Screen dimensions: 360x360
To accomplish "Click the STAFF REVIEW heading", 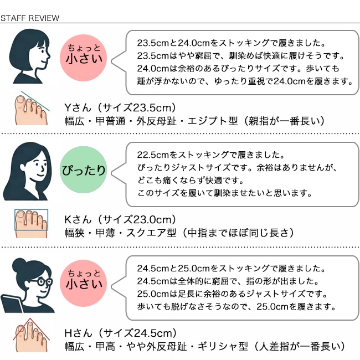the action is click(30, 18).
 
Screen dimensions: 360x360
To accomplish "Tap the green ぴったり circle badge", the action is click(83, 170).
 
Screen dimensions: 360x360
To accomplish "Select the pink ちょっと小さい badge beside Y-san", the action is click(83, 58).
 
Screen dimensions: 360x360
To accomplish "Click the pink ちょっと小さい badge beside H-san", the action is click(83, 284).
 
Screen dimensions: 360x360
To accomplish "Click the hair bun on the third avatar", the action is click(19, 265).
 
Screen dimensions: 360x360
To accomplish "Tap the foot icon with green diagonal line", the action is click(32, 108).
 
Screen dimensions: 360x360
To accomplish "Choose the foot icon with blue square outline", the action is click(31, 223).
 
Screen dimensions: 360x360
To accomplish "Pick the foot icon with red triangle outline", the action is click(31, 335).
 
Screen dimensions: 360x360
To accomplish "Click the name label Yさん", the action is click(78, 107).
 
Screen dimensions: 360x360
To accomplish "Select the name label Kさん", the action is click(78, 220).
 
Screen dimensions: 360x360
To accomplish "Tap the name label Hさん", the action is click(78, 333).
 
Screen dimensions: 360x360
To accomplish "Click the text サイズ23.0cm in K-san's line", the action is click(136, 220).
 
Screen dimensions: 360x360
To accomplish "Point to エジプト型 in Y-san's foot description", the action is click(213, 121).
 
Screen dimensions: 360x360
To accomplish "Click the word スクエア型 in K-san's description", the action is click(151, 233).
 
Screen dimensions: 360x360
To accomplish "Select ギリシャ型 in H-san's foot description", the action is click(223, 346).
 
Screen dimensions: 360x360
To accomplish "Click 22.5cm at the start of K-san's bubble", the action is click(153, 155).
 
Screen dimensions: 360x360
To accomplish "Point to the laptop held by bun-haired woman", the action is click(12, 303).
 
